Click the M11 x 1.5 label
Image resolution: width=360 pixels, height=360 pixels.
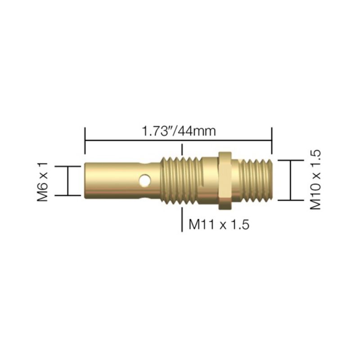(x=219, y=224)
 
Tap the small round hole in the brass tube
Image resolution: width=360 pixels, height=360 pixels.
(x=144, y=181)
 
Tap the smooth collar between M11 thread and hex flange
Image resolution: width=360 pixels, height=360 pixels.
(x=208, y=180)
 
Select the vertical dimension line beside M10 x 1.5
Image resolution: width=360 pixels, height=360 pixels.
(x=291, y=180)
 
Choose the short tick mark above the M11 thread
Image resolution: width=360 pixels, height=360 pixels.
(x=182, y=149)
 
